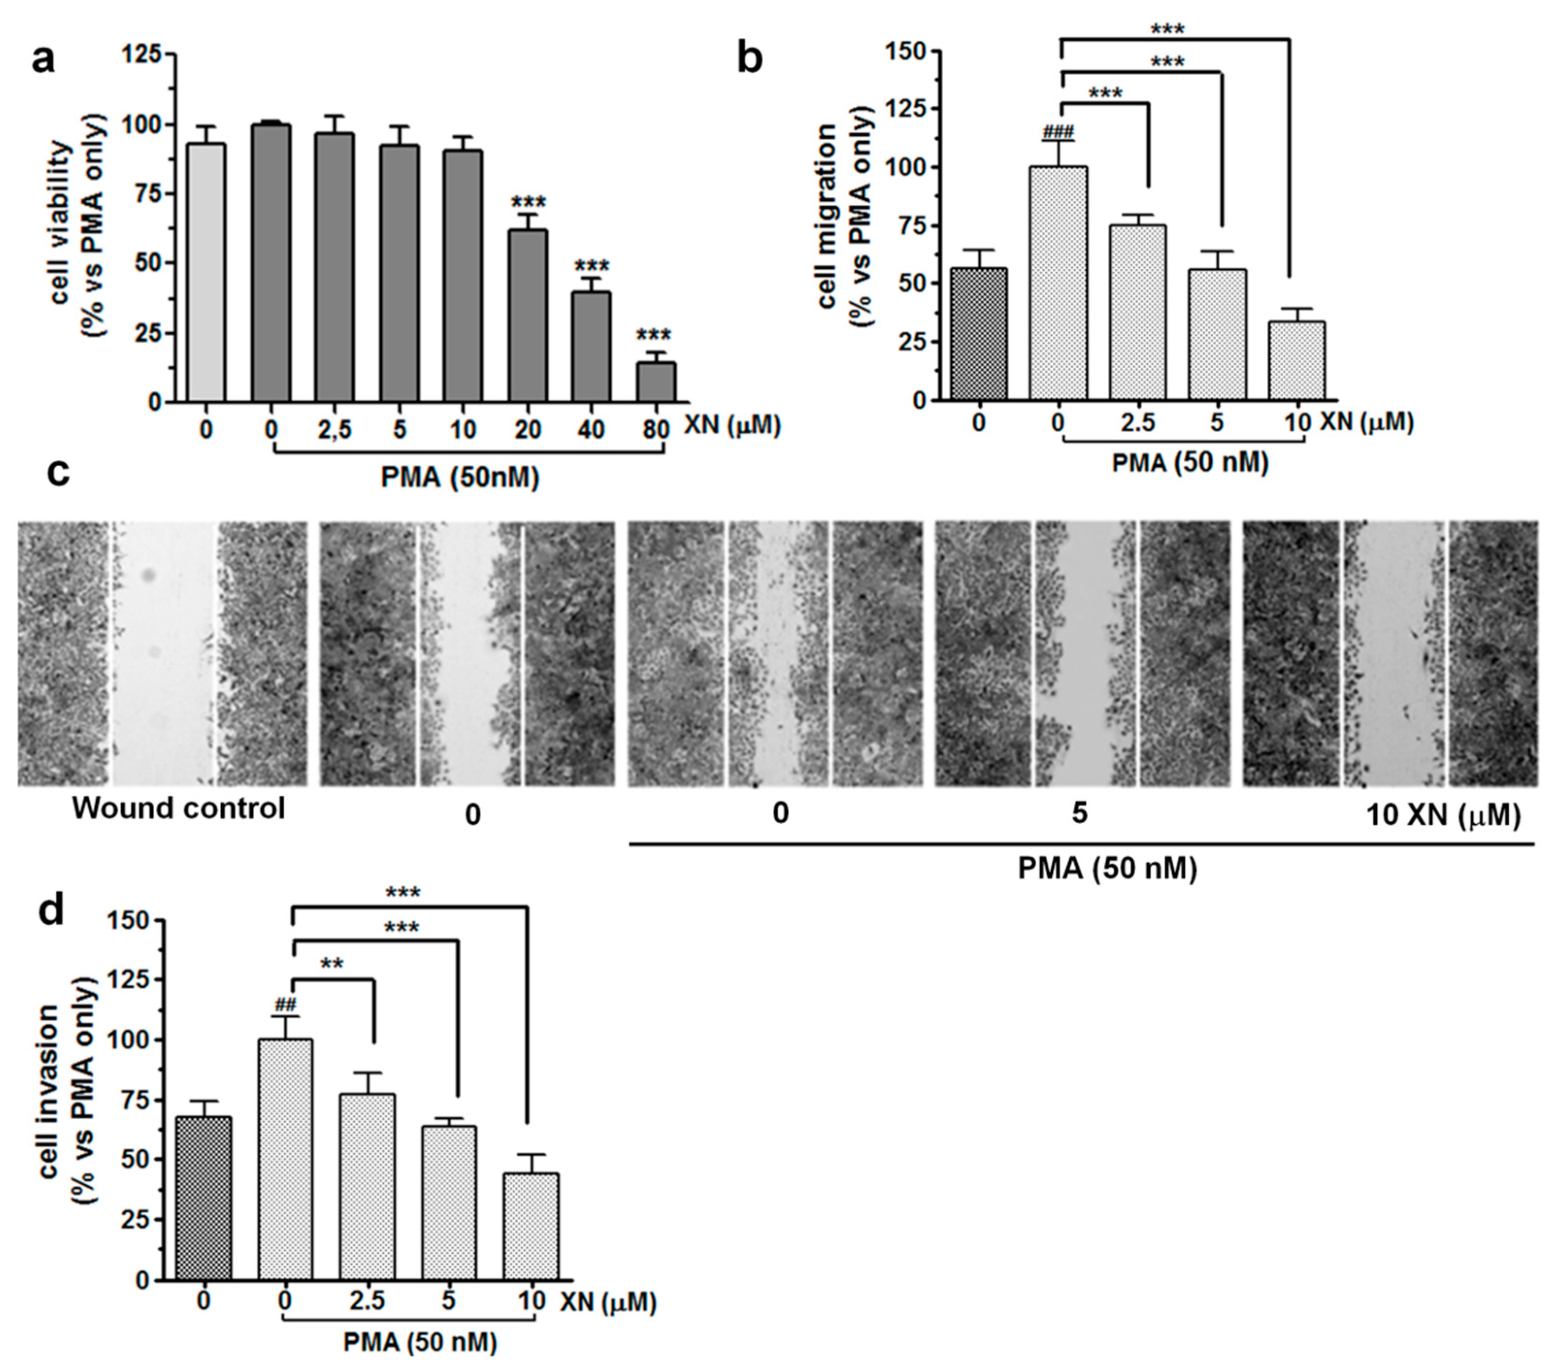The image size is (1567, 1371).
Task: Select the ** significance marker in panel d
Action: [332, 964]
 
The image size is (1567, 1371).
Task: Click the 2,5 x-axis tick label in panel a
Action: [334, 430]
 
